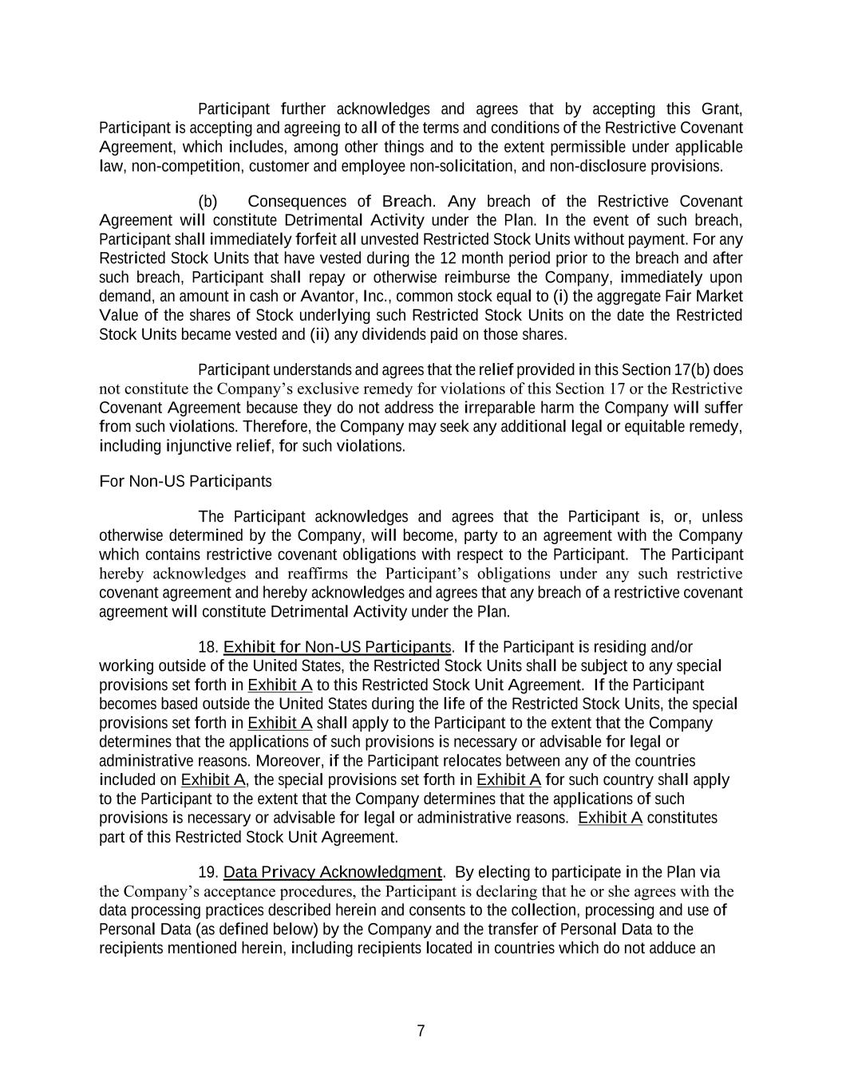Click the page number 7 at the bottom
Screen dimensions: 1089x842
tap(421, 1031)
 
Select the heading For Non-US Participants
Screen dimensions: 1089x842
tap(185, 481)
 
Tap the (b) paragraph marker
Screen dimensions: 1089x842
tap(208, 201)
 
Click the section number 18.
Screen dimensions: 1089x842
tap(208, 646)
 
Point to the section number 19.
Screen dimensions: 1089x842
tap(208, 872)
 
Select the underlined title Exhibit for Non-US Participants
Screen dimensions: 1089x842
tap(338, 646)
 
